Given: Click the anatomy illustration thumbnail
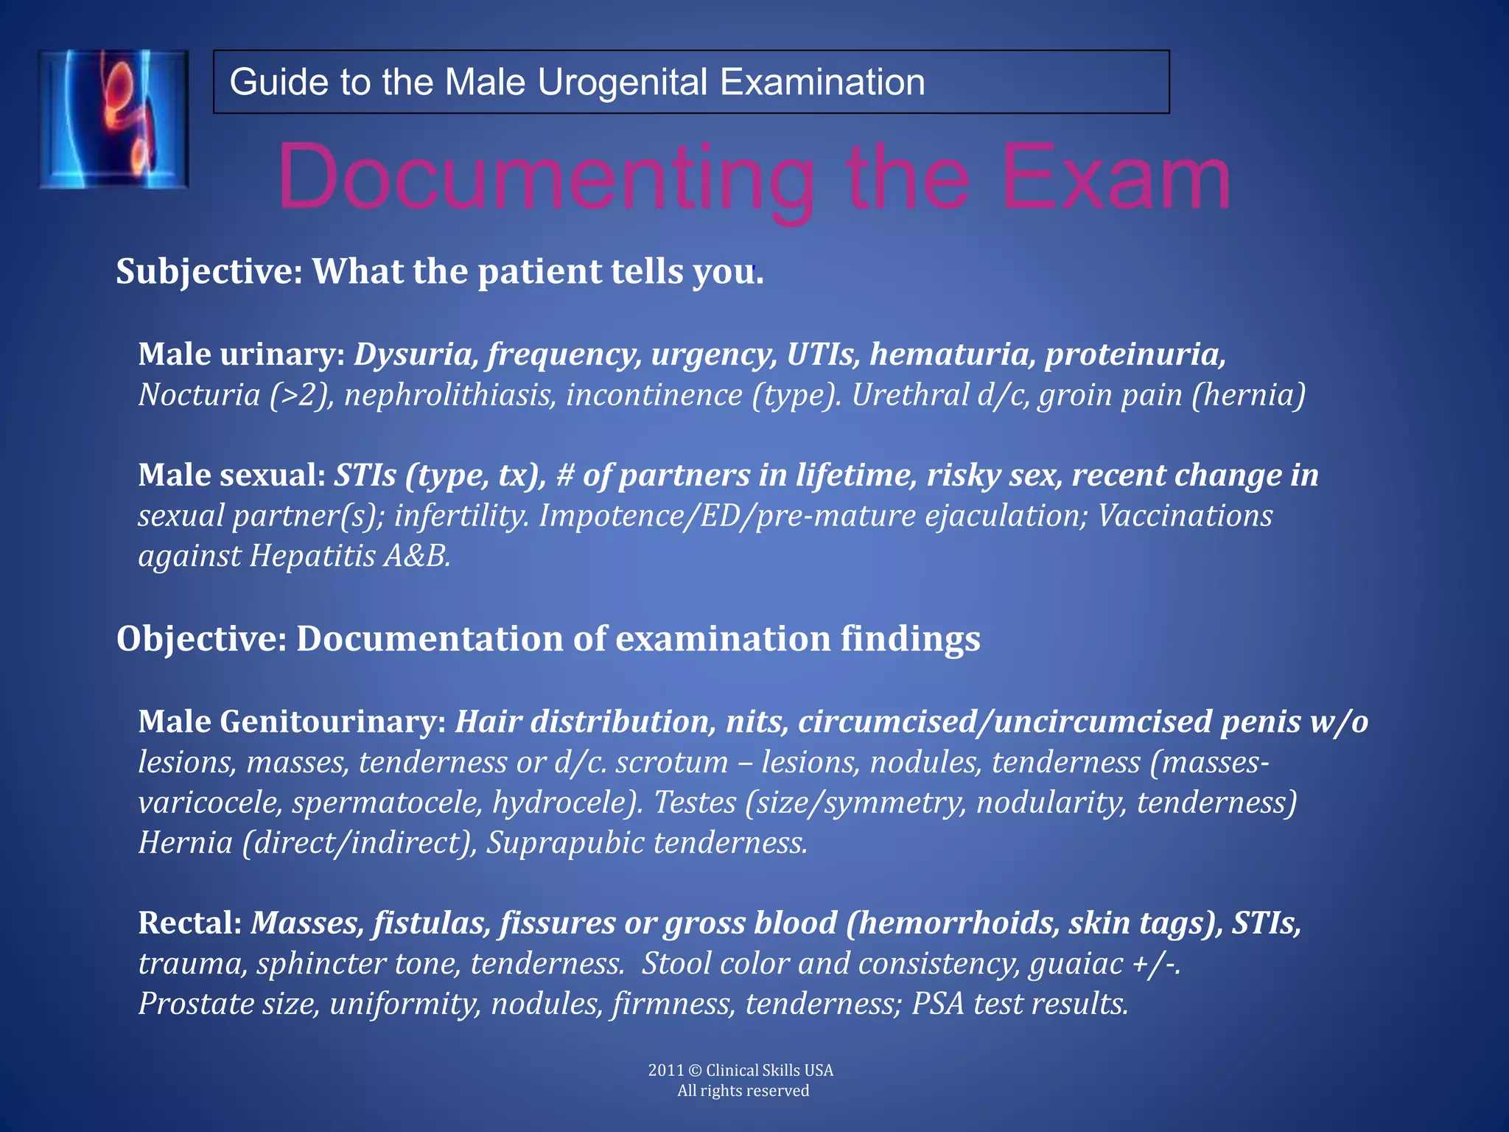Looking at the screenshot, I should click(113, 119).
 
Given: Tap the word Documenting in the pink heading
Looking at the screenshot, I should click(545, 178).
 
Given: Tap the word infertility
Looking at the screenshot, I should click(461, 516).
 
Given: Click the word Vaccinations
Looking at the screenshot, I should click(1185, 516).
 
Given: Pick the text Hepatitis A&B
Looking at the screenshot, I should click(349, 556).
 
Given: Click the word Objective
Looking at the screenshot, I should click(200, 638).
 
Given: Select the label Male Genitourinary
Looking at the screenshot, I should click(292, 722).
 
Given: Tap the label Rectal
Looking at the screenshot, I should click(189, 923).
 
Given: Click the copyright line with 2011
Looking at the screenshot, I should click(741, 1070).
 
